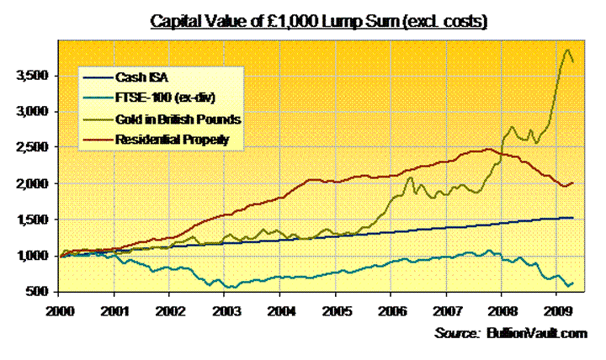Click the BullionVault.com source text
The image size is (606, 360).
(x=535, y=334)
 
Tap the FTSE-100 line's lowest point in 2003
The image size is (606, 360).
(x=230, y=287)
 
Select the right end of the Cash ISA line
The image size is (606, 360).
(x=574, y=218)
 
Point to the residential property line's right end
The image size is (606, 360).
(x=574, y=183)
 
